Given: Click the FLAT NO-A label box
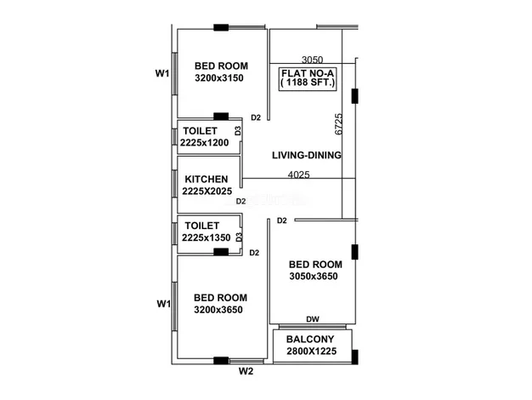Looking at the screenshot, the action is point(308,79).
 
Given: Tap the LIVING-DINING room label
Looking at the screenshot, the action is point(307,155).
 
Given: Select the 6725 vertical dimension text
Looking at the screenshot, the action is point(338,124).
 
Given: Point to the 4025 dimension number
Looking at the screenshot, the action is point(299,174).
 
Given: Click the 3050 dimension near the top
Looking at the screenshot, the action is point(312,60).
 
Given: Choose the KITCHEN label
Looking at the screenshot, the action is point(207,179).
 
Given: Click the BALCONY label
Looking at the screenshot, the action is point(310,340).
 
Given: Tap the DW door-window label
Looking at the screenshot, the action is point(313,319).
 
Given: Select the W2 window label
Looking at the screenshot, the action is point(246,371).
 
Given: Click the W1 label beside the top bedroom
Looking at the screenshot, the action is point(162,73).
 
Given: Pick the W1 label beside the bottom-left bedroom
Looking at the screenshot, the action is point(163,304).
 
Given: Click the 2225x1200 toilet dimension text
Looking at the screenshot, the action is point(204,143).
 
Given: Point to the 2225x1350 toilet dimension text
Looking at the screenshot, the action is point(207,237).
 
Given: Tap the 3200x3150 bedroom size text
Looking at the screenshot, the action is point(219,78).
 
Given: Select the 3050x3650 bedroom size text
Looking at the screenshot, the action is point(314,276).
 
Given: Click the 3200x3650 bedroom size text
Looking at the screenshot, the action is point(218,310).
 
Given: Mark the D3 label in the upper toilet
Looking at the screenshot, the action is point(238,130).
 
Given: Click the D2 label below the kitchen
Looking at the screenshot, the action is point(241,201).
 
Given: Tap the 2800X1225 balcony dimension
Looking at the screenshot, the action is point(311,351).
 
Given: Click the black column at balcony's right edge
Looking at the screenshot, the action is point(355,357).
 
